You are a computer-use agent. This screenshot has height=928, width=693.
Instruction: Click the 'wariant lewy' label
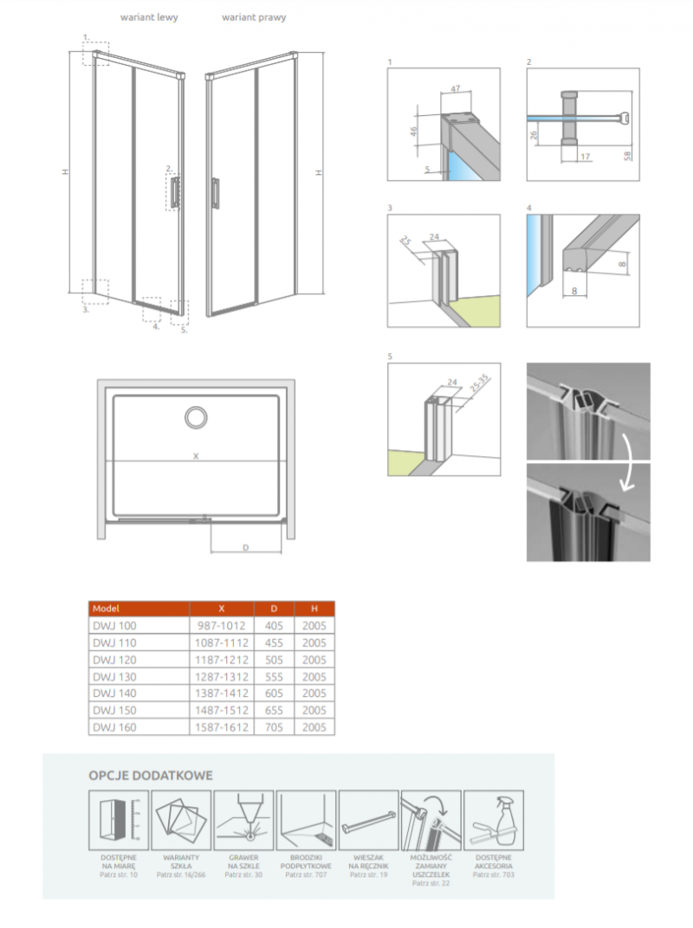coord(148,17)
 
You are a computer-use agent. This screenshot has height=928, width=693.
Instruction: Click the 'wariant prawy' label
coord(253,17)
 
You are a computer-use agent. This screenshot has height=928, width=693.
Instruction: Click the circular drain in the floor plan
coord(196,417)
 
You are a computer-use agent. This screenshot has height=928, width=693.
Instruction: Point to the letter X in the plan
coord(196,455)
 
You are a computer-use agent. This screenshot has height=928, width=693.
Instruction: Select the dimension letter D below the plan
coord(246,547)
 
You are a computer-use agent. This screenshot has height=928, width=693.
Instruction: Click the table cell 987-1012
coord(222,625)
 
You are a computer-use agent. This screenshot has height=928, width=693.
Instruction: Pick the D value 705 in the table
coord(275,727)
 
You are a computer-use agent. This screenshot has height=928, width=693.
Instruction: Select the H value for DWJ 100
coord(314,625)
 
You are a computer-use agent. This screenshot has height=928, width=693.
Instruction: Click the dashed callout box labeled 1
coord(96,54)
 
